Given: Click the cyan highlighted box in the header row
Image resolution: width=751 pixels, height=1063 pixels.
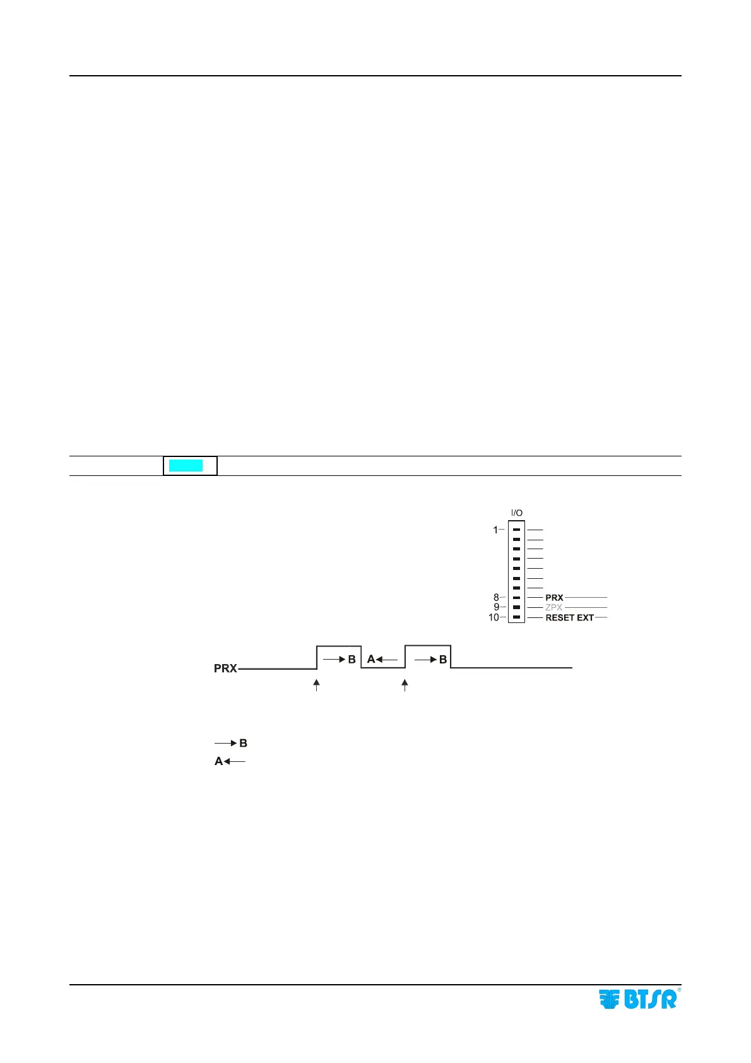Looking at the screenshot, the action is pyautogui.click(x=186, y=466).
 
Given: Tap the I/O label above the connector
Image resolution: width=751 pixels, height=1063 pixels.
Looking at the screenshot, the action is pyautogui.click(x=516, y=513).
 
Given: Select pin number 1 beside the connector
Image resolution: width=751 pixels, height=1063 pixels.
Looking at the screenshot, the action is pyautogui.click(x=495, y=530).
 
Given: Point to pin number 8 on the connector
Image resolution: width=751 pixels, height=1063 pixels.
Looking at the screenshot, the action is pyautogui.click(x=496, y=597).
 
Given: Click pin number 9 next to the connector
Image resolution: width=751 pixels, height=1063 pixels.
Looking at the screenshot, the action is pyautogui.click(x=496, y=607).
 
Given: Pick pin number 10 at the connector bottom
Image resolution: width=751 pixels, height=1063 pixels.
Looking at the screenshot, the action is pyautogui.click(x=494, y=617).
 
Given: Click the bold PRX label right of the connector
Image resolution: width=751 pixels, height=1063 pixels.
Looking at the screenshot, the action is pyautogui.click(x=554, y=597).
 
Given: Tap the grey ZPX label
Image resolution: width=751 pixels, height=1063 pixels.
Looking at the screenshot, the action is pyautogui.click(x=553, y=607).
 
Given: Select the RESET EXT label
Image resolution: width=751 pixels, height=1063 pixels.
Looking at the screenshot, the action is pyautogui.click(x=569, y=617).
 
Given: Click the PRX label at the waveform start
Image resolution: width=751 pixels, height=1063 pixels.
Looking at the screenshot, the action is pyautogui.click(x=225, y=668).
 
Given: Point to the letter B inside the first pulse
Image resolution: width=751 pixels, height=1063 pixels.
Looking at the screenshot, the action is pyautogui.click(x=352, y=659).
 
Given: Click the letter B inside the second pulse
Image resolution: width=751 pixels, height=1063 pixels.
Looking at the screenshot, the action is pyautogui.click(x=443, y=659).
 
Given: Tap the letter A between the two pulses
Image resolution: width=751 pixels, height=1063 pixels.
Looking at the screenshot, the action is pyautogui.click(x=371, y=659).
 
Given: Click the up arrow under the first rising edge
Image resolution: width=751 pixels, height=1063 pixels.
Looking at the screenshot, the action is pyautogui.click(x=317, y=685).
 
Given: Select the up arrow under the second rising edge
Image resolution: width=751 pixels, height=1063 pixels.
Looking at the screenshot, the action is pyautogui.click(x=405, y=685).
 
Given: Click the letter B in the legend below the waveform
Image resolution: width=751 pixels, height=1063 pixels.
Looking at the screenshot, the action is pyautogui.click(x=243, y=744).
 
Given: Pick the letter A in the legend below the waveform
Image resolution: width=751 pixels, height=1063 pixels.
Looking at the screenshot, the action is pyautogui.click(x=218, y=761).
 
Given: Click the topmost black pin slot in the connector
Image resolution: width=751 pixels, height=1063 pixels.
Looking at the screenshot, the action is pyautogui.click(x=516, y=530).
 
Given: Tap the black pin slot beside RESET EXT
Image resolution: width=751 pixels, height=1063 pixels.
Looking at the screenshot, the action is pyautogui.click(x=516, y=617).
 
